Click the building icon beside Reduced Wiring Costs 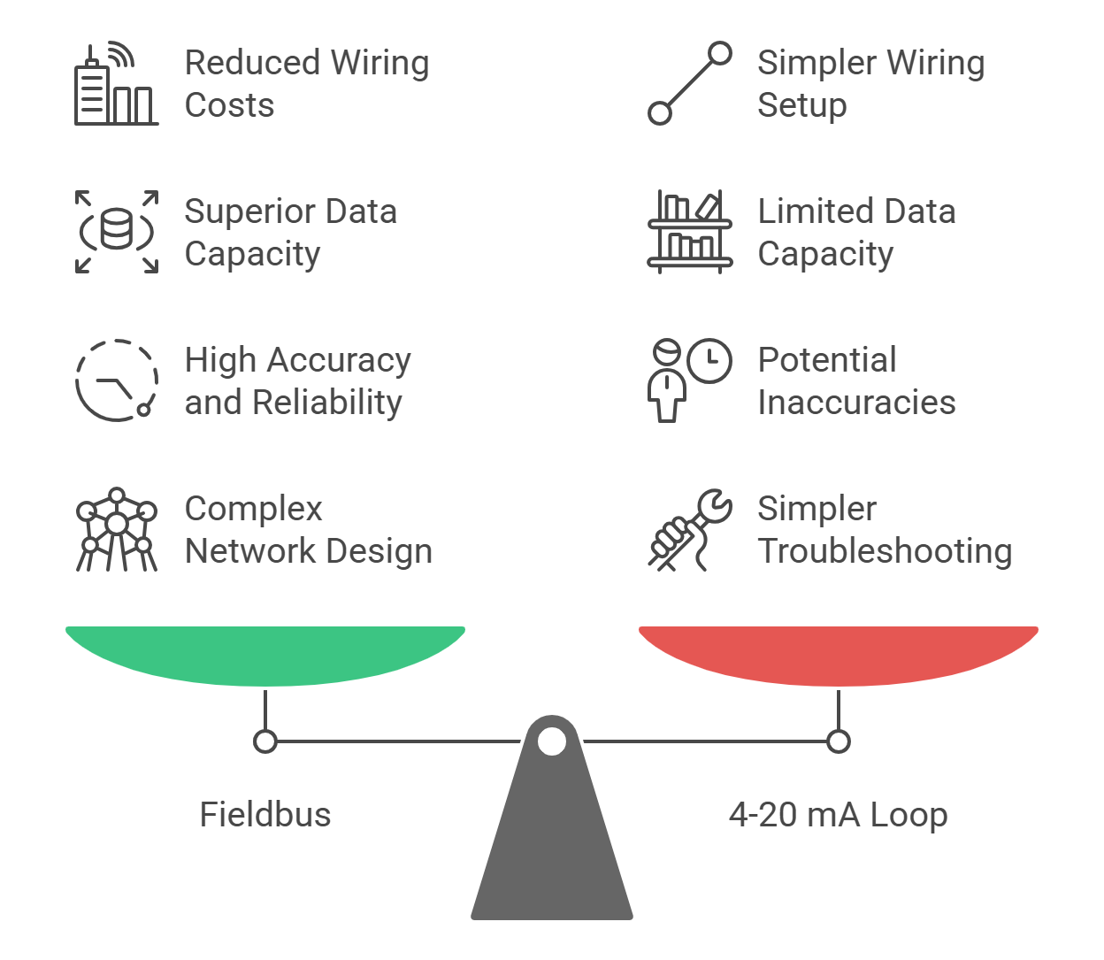pos(116,85)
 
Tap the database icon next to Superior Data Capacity pos(116,232)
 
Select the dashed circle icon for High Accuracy pos(116,380)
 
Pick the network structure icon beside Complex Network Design pos(116,529)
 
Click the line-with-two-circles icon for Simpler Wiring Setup pos(690,83)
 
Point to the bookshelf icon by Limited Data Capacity pos(690,232)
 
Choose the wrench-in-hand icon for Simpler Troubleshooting pos(690,529)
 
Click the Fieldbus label pos(265,815)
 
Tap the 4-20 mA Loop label pos(838,815)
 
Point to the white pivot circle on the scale pos(552,741)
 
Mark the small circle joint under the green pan pos(265,741)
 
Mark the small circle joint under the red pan pos(839,741)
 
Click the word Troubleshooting pos(885,551)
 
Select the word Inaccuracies pos(856,403)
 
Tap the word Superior pos(246,212)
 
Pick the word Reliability pos(326,403)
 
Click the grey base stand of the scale pos(552,849)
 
